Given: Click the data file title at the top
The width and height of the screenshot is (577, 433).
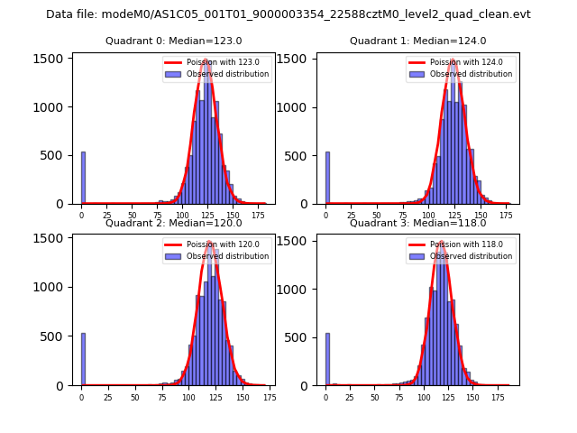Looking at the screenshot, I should pos(288,14).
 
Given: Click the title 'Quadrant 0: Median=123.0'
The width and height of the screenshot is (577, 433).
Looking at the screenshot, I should pos(174,41).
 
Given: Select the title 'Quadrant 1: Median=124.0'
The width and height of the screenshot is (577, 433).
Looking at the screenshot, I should pos(418,41).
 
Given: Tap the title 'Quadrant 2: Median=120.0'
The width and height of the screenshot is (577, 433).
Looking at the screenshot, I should pos(174,223).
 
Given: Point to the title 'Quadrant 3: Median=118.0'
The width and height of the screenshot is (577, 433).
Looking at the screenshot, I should pos(418,223).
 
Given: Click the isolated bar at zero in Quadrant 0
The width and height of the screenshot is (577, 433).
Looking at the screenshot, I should pos(83,178).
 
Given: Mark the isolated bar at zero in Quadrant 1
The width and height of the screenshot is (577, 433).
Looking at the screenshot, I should pos(327,178).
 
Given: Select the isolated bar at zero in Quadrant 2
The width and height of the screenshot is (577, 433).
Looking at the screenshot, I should pos(83,359).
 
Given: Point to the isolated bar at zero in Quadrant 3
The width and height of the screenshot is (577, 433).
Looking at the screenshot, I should pos(327,359).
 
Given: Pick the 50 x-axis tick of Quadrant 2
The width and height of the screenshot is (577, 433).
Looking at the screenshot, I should pos(134,397).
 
